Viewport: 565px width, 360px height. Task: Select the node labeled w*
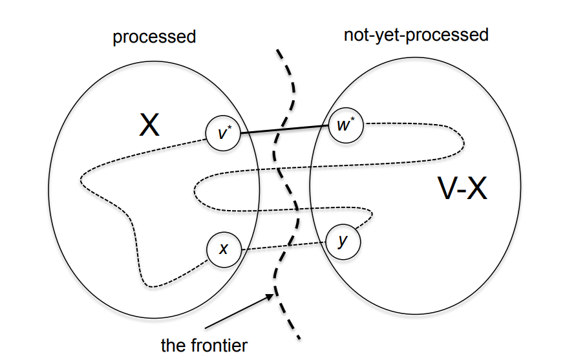click(345, 125)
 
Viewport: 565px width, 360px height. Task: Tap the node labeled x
click(223, 249)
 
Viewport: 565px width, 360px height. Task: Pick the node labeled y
click(342, 241)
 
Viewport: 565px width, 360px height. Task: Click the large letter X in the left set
click(149, 127)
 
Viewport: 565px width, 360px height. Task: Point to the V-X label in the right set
click(461, 189)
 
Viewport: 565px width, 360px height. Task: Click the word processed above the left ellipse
click(154, 37)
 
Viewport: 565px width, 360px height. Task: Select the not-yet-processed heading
click(416, 34)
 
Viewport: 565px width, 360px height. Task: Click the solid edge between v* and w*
click(284, 129)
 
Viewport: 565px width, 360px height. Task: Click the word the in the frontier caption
click(173, 345)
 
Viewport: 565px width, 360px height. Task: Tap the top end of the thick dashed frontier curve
click(278, 50)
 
